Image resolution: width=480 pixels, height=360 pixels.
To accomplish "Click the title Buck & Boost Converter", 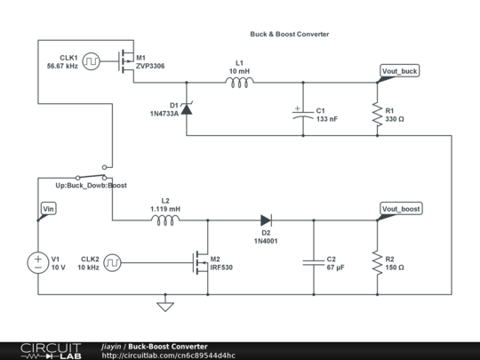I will [x=290, y=34].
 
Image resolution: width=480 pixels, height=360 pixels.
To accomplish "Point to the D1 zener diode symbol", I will [x=187, y=108].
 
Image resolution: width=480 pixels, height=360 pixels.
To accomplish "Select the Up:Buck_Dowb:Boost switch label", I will [x=92, y=186].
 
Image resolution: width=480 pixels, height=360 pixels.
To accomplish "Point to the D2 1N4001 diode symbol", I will [x=266, y=220].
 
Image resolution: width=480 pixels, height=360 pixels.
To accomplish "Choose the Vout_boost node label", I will [x=401, y=209].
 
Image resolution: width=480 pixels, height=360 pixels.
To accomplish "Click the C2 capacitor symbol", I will [x=313, y=262].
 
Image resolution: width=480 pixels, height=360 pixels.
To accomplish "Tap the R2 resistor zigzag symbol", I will [x=377, y=262].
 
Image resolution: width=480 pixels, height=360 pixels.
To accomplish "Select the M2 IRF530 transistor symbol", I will [x=201, y=262].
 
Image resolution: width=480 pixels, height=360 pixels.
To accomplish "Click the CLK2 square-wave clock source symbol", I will [x=113, y=262].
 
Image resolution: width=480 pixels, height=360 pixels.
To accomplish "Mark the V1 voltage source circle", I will [x=38, y=262].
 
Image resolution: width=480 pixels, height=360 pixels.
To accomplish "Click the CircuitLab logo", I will [x=41, y=350].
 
